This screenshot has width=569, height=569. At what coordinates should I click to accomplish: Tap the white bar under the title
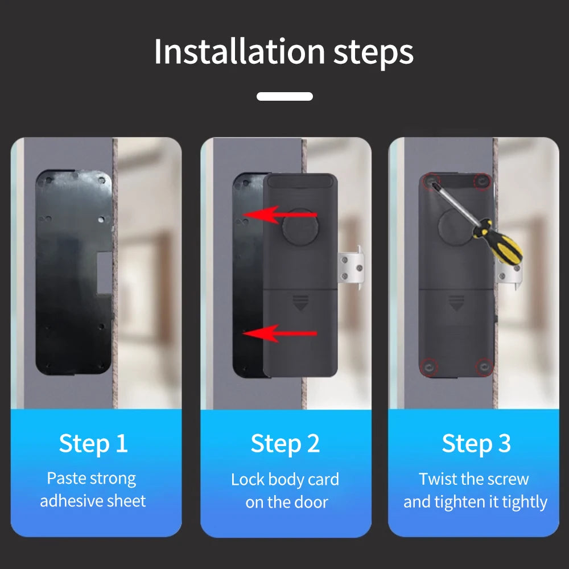284,96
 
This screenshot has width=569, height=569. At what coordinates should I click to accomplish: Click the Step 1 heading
93,443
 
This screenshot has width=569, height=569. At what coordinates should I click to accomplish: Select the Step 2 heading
285,443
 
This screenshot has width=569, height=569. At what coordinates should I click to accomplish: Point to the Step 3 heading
476,443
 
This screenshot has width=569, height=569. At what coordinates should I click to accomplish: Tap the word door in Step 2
314,502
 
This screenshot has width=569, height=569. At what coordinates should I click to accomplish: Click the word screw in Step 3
506,479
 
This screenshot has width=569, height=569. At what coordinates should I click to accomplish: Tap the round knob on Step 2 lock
299,226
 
